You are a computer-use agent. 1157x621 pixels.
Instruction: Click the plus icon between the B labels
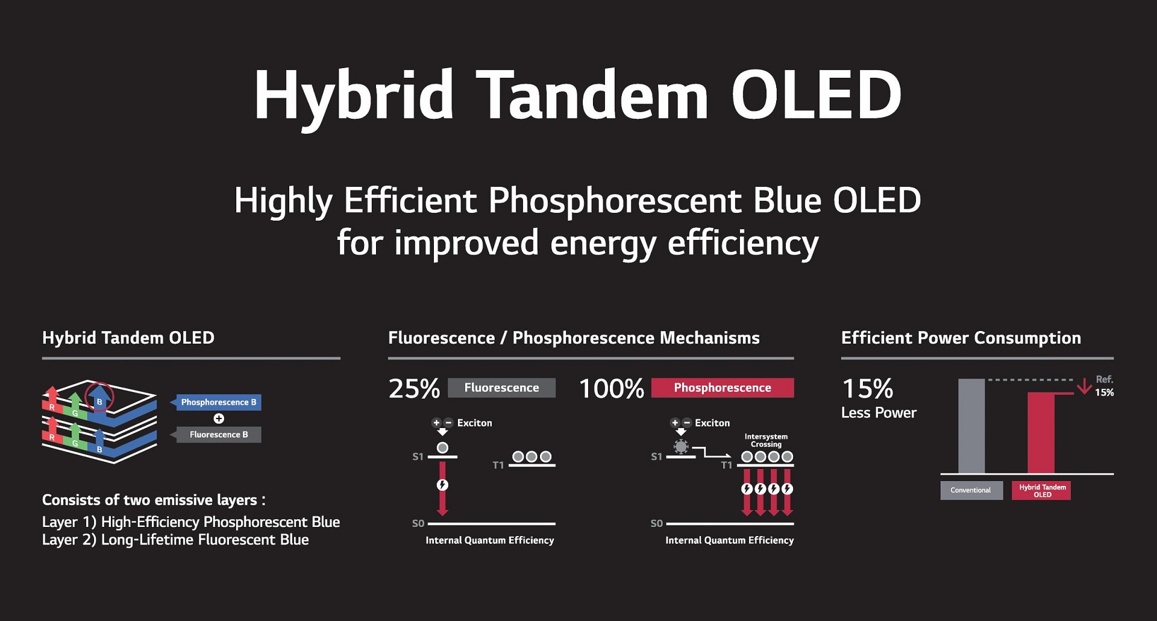click(x=219, y=418)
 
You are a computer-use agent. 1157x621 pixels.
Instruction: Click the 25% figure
click(x=414, y=388)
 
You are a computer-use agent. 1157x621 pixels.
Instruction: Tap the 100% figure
click(x=612, y=388)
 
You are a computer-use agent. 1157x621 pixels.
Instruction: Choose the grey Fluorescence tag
click(x=502, y=388)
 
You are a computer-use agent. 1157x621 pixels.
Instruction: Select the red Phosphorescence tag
click(x=723, y=388)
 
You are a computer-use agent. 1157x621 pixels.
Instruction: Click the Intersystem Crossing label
click(x=766, y=440)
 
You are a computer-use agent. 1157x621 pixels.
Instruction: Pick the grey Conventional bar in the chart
click(x=971, y=426)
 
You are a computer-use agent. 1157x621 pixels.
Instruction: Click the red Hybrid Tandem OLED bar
click(x=1041, y=433)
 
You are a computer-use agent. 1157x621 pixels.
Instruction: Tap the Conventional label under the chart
click(x=971, y=490)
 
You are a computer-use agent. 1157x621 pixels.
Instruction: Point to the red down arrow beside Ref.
click(x=1084, y=386)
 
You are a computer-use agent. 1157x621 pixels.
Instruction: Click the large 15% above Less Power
click(x=867, y=388)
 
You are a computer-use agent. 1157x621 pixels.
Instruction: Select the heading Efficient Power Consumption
click(x=961, y=338)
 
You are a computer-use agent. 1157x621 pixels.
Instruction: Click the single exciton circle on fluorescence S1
click(x=442, y=448)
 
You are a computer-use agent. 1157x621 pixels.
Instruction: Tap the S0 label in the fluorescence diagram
click(x=418, y=523)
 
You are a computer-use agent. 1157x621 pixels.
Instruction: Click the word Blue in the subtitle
click(x=787, y=200)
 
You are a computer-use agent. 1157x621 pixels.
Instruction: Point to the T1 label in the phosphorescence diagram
click(x=727, y=465)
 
